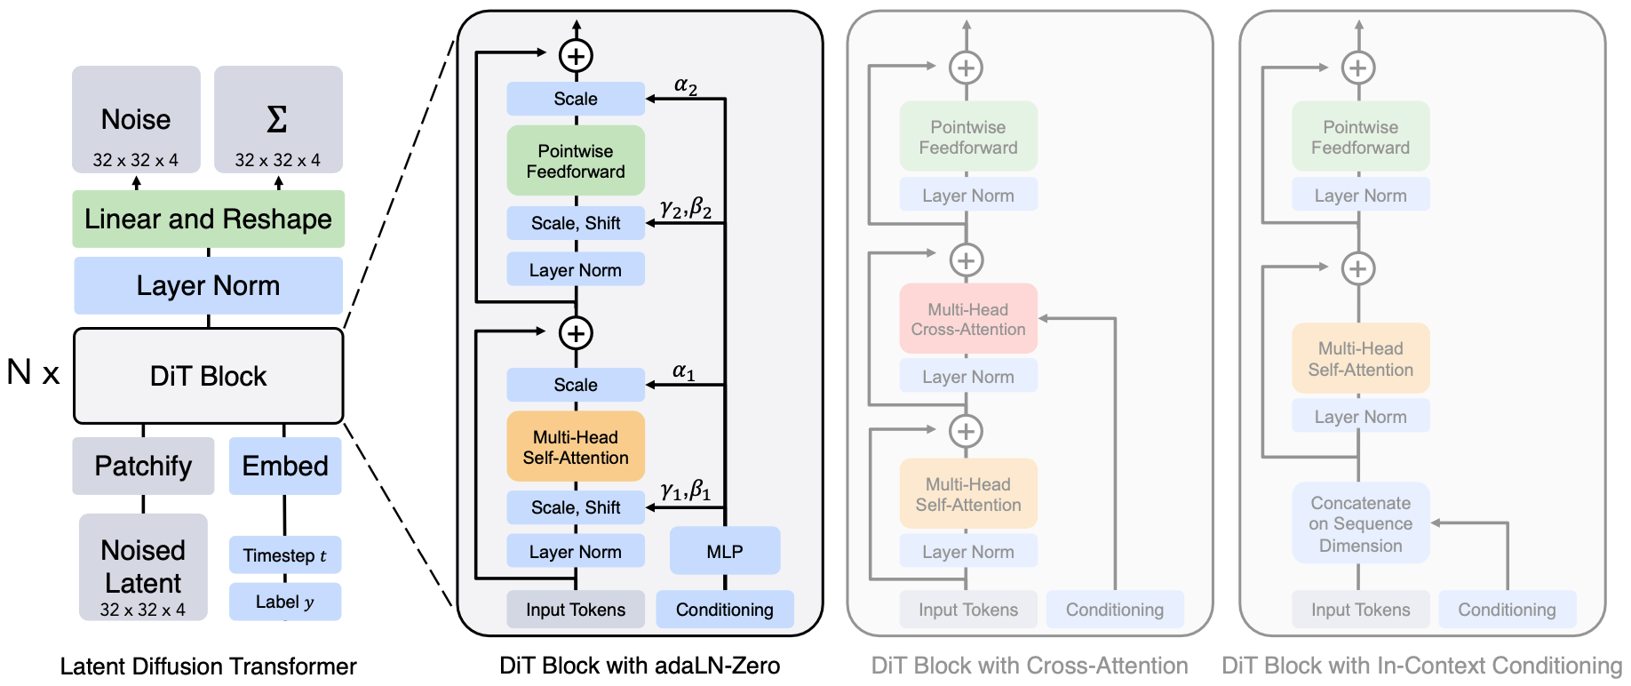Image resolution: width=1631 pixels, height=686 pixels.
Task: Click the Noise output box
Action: (x=136, y=119)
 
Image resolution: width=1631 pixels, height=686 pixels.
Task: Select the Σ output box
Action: (x=278, y=119)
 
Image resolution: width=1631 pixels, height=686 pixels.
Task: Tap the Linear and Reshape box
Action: (x=208, y=219)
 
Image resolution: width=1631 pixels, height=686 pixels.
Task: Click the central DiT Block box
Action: (x=208, y=376)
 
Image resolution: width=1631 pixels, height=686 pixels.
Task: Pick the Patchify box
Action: (x=143, y=466)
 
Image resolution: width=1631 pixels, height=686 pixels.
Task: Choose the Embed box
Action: (x=285, y=466)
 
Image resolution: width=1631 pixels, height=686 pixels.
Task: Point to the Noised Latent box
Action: (x=143, y=567)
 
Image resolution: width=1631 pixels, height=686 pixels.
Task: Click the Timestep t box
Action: (x=285, y=555)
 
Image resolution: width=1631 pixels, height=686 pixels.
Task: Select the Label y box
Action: (x=285, y=602)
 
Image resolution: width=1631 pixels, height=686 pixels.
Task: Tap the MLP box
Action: (x=725, y=551)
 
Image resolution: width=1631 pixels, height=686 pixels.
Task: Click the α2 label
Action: (x=686, y=85)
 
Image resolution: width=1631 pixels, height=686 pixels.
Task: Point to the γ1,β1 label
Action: (x=686, y=490)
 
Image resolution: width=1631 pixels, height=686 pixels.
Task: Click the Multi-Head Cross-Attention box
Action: (x=968, y=319)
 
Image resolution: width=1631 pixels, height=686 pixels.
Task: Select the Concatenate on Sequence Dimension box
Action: (x=1360, y=523)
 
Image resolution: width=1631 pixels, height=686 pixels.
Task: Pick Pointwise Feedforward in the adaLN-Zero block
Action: (x=576, y=161)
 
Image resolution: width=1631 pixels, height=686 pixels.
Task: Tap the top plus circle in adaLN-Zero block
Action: (x=576, y=56)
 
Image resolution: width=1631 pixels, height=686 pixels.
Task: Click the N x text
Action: (x=33, y=371)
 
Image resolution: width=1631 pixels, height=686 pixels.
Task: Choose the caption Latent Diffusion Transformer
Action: (x=208, y=666)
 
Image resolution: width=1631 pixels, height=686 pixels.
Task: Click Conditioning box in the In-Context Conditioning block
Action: (x=1507, y=610)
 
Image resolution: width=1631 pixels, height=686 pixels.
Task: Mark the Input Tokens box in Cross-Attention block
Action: (x=968, y=610)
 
